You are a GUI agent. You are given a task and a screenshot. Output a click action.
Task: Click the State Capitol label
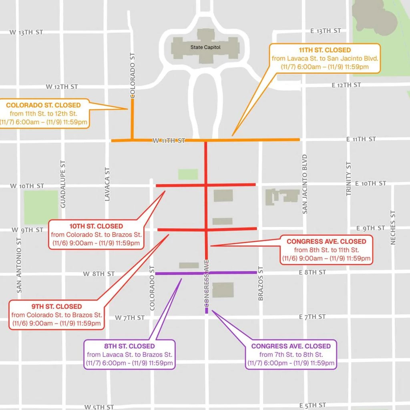(205, 47)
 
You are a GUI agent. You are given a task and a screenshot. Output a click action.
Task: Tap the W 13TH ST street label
(26, 32)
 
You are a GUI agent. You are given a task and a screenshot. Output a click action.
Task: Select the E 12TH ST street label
(346, 85)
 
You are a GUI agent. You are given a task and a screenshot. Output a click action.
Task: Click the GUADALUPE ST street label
(63, 184)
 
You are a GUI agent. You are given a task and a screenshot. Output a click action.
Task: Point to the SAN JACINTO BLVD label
(305, 184)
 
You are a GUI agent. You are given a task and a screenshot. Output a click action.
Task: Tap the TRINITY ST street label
(348, 179)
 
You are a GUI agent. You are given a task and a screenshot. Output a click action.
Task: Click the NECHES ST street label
(393, 227)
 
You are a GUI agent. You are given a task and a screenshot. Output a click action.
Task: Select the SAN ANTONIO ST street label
(19, 264)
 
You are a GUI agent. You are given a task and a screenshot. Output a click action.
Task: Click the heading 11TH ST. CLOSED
(325, 50)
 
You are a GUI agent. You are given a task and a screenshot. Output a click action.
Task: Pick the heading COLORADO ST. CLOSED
(43, 105)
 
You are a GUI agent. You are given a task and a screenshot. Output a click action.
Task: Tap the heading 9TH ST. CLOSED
(56, 306)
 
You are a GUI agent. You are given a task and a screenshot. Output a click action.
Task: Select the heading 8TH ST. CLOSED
(129, 346)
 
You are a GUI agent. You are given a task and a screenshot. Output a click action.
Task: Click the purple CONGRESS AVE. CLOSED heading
(291, 346)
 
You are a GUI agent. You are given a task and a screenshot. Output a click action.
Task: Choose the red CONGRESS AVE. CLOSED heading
(326, 241)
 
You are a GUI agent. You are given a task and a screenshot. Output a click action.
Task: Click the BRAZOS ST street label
(261, 283)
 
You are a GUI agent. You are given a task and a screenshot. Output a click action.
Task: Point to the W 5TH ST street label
(100, 407)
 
